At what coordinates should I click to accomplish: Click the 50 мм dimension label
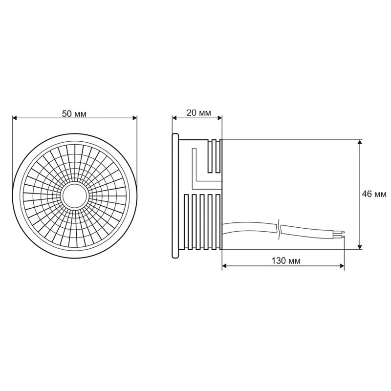pos(74,113)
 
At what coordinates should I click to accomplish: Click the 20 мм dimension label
pos(198,113)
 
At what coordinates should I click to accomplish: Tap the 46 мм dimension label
pos(374,194)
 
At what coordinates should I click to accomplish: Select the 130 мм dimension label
pos(285,261)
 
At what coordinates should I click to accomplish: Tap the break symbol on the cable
pos(279,229)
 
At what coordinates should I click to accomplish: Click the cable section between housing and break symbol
pos(249,227)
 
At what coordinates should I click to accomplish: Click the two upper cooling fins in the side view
pos(215,156)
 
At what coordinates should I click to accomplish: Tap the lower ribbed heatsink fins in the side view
pos(203,220)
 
